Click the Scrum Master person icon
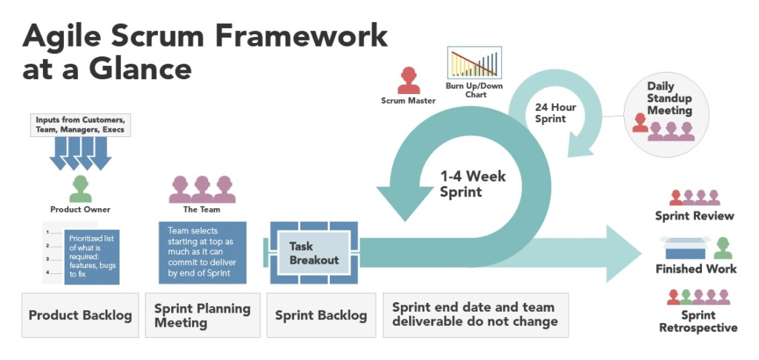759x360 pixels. [x=408, y=80]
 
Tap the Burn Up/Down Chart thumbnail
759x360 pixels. [x=474, y=63]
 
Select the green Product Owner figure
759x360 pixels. [x=80, y=189]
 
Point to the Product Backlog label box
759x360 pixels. [x=80, y=315]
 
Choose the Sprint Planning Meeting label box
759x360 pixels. [x=202, y=315]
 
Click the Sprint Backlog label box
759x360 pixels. [x=321, y=315]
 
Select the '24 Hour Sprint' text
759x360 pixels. [x=555, y=113]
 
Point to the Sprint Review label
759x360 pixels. [x=695, y=216]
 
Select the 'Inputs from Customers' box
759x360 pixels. [x=81, y=124]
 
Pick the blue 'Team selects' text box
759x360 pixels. [x=202, y=252]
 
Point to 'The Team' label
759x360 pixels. [x=202, y=210]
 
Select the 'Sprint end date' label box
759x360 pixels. [x=475, y=315]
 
